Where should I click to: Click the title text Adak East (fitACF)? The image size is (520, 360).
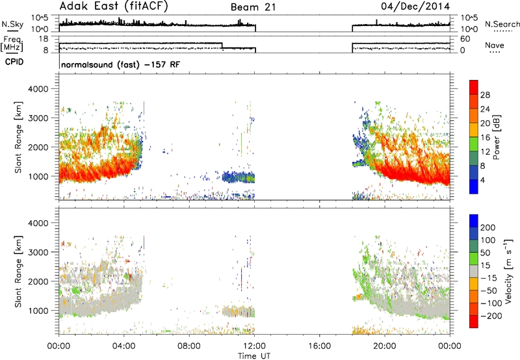114,6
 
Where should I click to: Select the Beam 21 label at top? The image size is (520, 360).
253,7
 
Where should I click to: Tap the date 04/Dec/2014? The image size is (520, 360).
415,6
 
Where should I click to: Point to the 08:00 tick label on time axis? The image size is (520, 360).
189,346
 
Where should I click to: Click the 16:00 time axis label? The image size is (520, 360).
319,346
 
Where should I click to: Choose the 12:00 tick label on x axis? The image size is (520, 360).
254,346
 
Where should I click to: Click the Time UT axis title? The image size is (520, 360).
254,356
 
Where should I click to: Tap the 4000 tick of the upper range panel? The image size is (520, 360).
38,89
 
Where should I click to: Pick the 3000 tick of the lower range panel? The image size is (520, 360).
38,252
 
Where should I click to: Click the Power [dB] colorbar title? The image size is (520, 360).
496,137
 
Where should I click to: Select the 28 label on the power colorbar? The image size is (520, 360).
485,95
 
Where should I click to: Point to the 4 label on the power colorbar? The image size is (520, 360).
482,180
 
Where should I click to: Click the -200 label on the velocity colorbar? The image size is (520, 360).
491,316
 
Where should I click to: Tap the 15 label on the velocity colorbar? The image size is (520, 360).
485,265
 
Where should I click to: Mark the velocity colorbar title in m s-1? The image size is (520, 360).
508,271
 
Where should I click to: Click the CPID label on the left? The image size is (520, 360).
14,62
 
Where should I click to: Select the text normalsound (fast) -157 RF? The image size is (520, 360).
121,64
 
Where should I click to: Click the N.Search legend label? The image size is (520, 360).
502,24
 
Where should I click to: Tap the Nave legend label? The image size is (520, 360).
494,45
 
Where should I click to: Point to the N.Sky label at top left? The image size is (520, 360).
12,24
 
